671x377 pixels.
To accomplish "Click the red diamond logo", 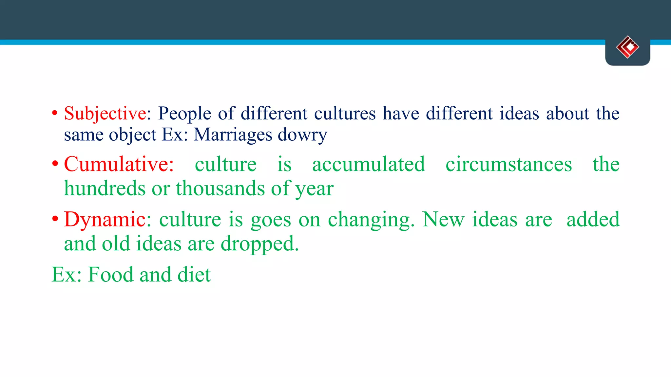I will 627,47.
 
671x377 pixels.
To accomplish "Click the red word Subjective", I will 105,114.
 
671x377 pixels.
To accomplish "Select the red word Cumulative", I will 118,164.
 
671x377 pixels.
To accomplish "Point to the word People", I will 184,114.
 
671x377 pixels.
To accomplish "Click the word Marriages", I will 233,135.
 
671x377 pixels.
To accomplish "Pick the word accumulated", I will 369,164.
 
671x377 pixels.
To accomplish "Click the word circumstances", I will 508,164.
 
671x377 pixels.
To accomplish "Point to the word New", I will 443,219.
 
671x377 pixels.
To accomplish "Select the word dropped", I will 259,244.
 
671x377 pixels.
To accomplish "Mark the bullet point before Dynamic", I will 55,218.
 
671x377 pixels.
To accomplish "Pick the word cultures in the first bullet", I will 345,114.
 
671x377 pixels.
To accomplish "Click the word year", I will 315,189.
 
